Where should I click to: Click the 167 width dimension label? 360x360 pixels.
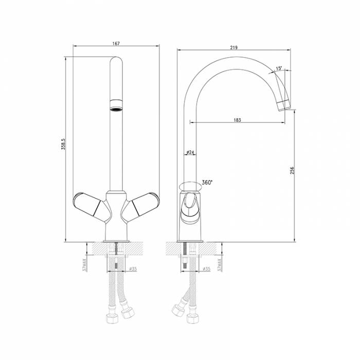click(x=116, y=43)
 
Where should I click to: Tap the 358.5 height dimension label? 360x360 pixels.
click(x=63, y=144)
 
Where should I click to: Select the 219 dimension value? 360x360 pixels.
click(x=233, y=47)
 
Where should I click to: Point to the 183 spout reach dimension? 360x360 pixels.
click(x=238, y=120)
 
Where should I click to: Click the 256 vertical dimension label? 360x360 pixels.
click(x=292, y=171)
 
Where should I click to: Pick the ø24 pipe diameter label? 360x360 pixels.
click(x=190, y=152)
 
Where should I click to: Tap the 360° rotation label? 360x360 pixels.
click(x=207, y=182)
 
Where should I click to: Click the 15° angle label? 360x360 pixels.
click(x=279, y=68)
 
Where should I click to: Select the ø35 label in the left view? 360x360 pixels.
click(x=133, y=269)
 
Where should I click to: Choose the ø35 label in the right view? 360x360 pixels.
click(x=206, y=269)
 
